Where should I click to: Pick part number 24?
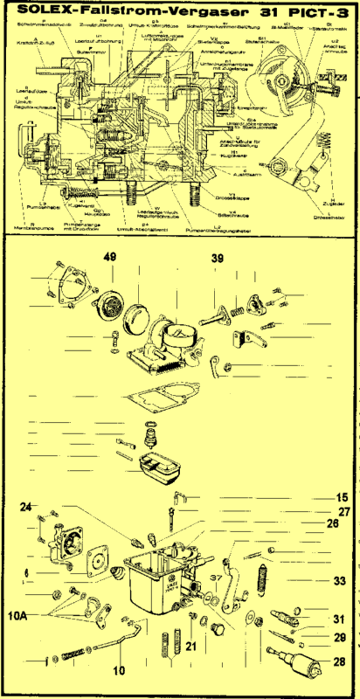click(x=26, y=506)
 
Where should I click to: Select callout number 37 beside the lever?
click(x=214, y=578)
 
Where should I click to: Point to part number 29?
click(x=340, y=638)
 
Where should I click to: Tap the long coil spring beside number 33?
click(x=262, y=580)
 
